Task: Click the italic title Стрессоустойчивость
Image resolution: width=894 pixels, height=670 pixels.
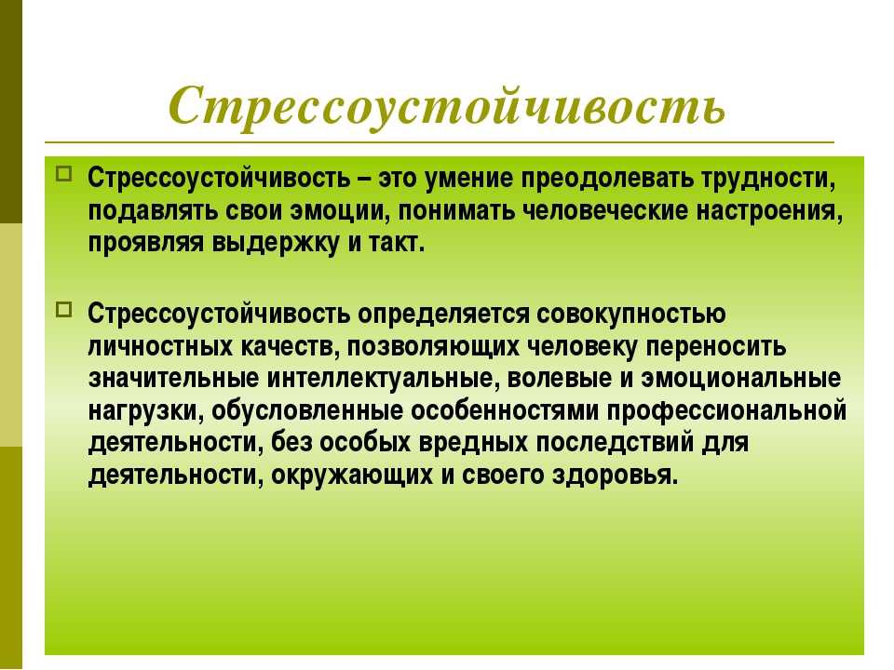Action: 448,106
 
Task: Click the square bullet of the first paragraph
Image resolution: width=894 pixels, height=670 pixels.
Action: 64,173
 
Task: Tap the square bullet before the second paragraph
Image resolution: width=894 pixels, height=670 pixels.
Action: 64,310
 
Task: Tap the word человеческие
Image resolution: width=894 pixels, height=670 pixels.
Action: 605,211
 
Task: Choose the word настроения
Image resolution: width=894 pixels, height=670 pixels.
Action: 769,212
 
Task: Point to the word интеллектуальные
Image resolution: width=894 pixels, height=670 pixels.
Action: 380,379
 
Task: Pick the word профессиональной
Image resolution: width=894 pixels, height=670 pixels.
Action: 726,410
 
